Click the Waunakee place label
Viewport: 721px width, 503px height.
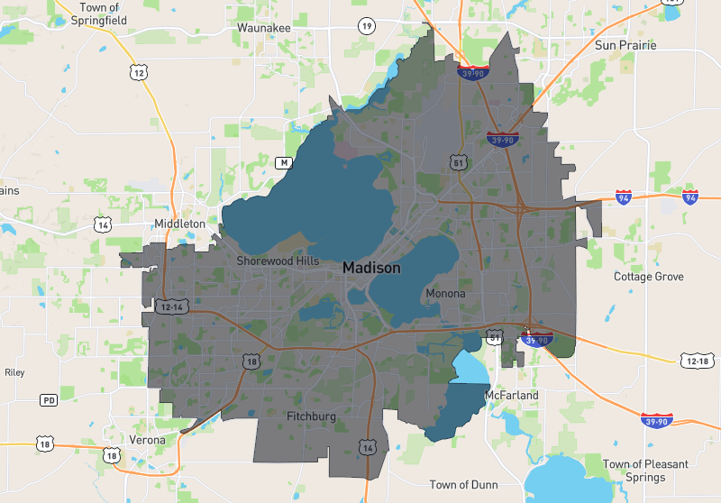point(263,28)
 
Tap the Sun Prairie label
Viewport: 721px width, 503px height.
point(625,45)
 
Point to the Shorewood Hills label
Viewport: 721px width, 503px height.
point(278,261)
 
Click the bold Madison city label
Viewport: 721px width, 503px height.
point(371,268)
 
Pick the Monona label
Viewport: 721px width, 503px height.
point(446,294)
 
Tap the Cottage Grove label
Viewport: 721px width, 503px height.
point(649,276)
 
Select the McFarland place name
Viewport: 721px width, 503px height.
point(511,396)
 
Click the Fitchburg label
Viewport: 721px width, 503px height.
point(311,416)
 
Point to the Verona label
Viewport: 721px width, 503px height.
point(147,440)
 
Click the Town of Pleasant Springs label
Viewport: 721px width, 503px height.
point(645,471)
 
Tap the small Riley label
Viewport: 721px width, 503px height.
point(14,371)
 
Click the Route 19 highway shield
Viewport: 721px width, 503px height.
point(366,25)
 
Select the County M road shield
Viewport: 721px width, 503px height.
point(284,162)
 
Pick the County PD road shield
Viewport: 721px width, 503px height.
point(49,399)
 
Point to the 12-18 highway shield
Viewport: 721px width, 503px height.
point(697,361)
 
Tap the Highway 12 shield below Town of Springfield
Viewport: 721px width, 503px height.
point(137,70)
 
